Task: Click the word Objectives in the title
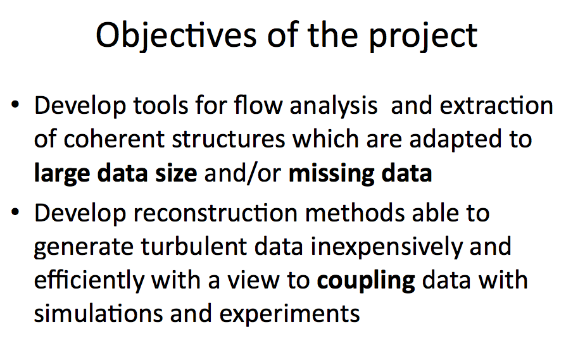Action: tap(176, 36)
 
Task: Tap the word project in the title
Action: tap(423, 37)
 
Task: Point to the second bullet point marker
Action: tap(15, 212)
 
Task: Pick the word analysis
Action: tap(334, 106)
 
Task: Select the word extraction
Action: tap(496, 106)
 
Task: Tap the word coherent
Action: tap(114, 139)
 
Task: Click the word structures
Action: tap(229, 139)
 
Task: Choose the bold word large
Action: tap(62, 174)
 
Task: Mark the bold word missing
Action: tap(331, 174)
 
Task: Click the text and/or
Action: tap(242, 173)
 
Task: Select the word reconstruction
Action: tap(215, 213)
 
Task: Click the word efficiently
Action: tap(89, 281)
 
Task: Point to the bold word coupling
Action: tap(366, 282)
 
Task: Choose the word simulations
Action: tap(99, 313)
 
